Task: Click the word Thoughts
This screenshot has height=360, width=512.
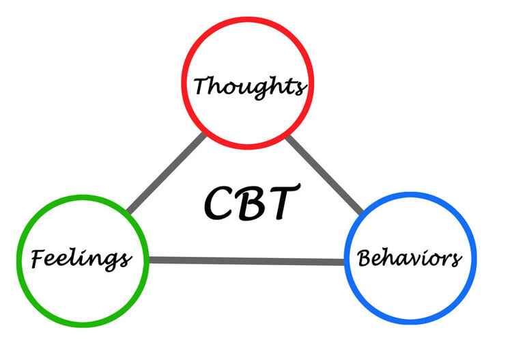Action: point(248,86)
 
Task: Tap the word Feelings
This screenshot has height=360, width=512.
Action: point(80,259)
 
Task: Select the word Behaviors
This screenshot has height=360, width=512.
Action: point(410,258)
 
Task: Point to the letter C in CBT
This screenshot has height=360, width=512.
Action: point(221,201)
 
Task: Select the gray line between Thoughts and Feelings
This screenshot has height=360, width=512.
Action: point(166,174)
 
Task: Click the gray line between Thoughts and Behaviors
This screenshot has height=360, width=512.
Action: point(324,174)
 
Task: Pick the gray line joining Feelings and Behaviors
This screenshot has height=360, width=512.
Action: point(246,260)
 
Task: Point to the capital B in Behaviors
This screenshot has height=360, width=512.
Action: point(366,258)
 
